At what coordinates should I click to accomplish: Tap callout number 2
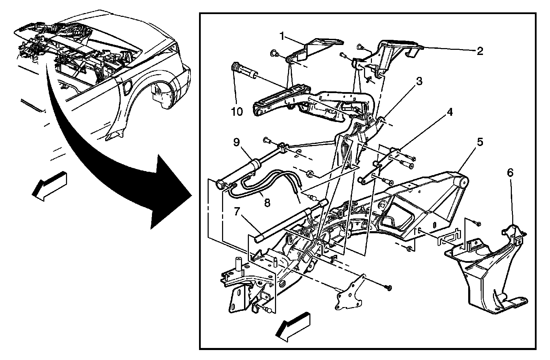480,51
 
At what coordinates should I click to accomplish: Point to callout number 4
450,112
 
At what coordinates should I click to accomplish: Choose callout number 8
267,203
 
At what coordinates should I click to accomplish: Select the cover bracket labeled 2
395,52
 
